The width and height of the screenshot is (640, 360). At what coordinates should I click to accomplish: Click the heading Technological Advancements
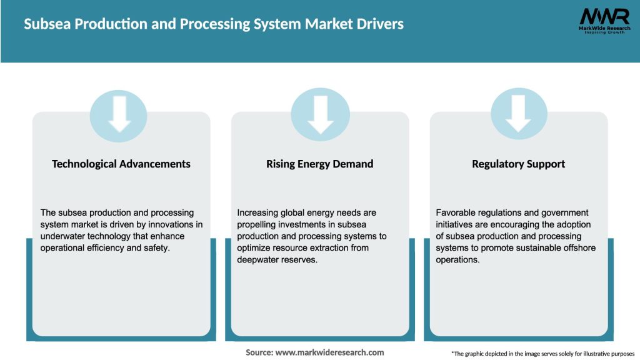point(121,164)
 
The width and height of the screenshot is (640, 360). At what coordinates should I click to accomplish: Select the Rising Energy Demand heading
point(320,164)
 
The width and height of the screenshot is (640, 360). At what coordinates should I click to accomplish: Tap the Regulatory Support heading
point(519,164)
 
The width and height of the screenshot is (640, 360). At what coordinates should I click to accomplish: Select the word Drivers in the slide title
point(379,24)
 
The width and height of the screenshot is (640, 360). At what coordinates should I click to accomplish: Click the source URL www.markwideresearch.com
point(330,352)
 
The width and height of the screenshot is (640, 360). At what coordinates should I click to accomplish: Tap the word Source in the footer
point(259,352)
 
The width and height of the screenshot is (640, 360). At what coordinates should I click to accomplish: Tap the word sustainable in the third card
point(541,248)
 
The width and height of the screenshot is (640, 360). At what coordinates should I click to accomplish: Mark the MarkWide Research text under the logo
point(604,28)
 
